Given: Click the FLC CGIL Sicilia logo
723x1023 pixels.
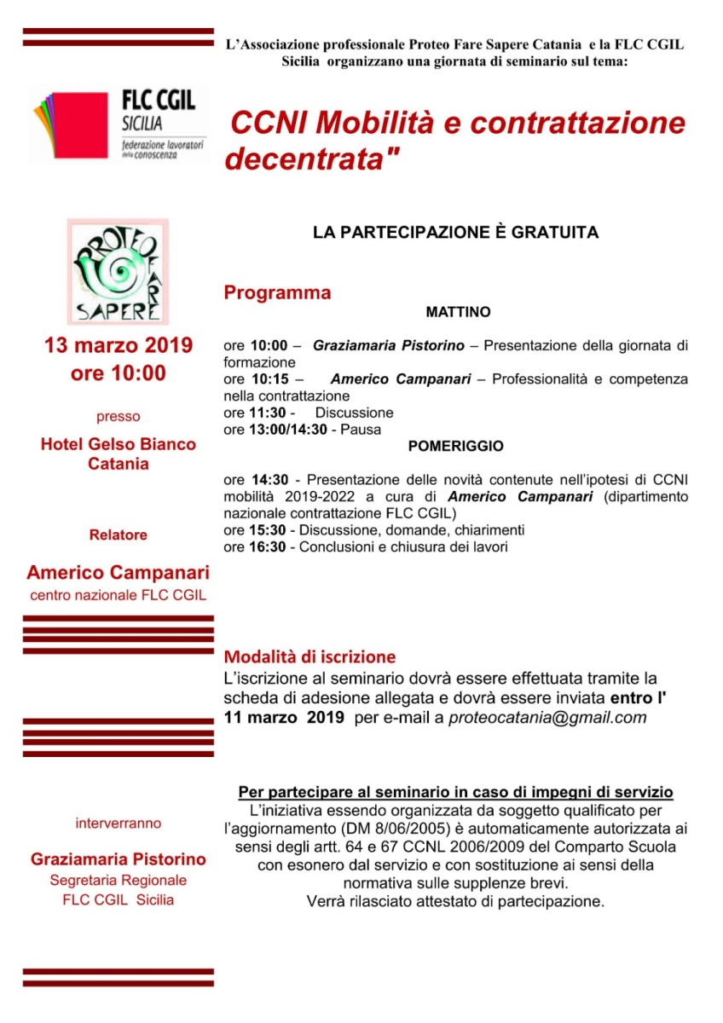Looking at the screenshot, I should [x=115, y=125].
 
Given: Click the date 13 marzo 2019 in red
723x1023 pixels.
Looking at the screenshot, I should [x=119, y=346].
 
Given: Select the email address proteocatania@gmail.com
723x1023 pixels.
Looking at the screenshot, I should [x=548, y=718].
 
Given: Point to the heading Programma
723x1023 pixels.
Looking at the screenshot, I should [x=277, y=293].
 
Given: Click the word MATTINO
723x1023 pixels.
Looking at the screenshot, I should [x=458, y=313].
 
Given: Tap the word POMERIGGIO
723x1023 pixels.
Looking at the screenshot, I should [x=455, y=446].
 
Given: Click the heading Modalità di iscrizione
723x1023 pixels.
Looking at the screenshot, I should [x=309, y=657].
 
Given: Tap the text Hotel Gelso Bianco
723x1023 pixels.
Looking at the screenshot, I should [x=119, y=444].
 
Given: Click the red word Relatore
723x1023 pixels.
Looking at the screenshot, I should [x=119, y=535].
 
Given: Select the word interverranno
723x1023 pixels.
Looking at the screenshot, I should [x=119, y=824].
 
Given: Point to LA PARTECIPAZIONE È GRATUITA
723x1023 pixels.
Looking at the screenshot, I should [x=455, y=232].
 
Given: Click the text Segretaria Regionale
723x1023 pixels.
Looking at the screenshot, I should [x=119, y=880].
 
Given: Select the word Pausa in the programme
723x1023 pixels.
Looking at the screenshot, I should [x=361, y=430].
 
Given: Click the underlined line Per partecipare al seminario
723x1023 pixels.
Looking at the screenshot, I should [x=455, y=792].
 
